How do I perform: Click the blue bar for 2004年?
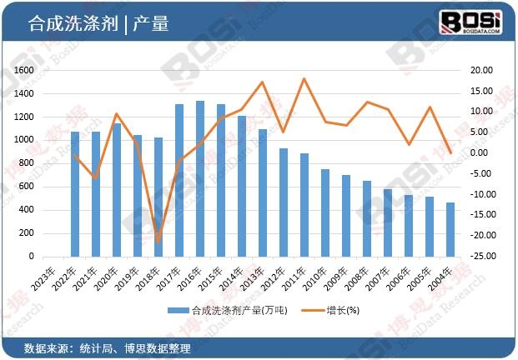450,229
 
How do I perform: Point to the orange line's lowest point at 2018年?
158,242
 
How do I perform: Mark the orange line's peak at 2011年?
304,79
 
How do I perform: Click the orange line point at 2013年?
263,82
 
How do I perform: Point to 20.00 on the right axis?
482,71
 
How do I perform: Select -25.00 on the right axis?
480,257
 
